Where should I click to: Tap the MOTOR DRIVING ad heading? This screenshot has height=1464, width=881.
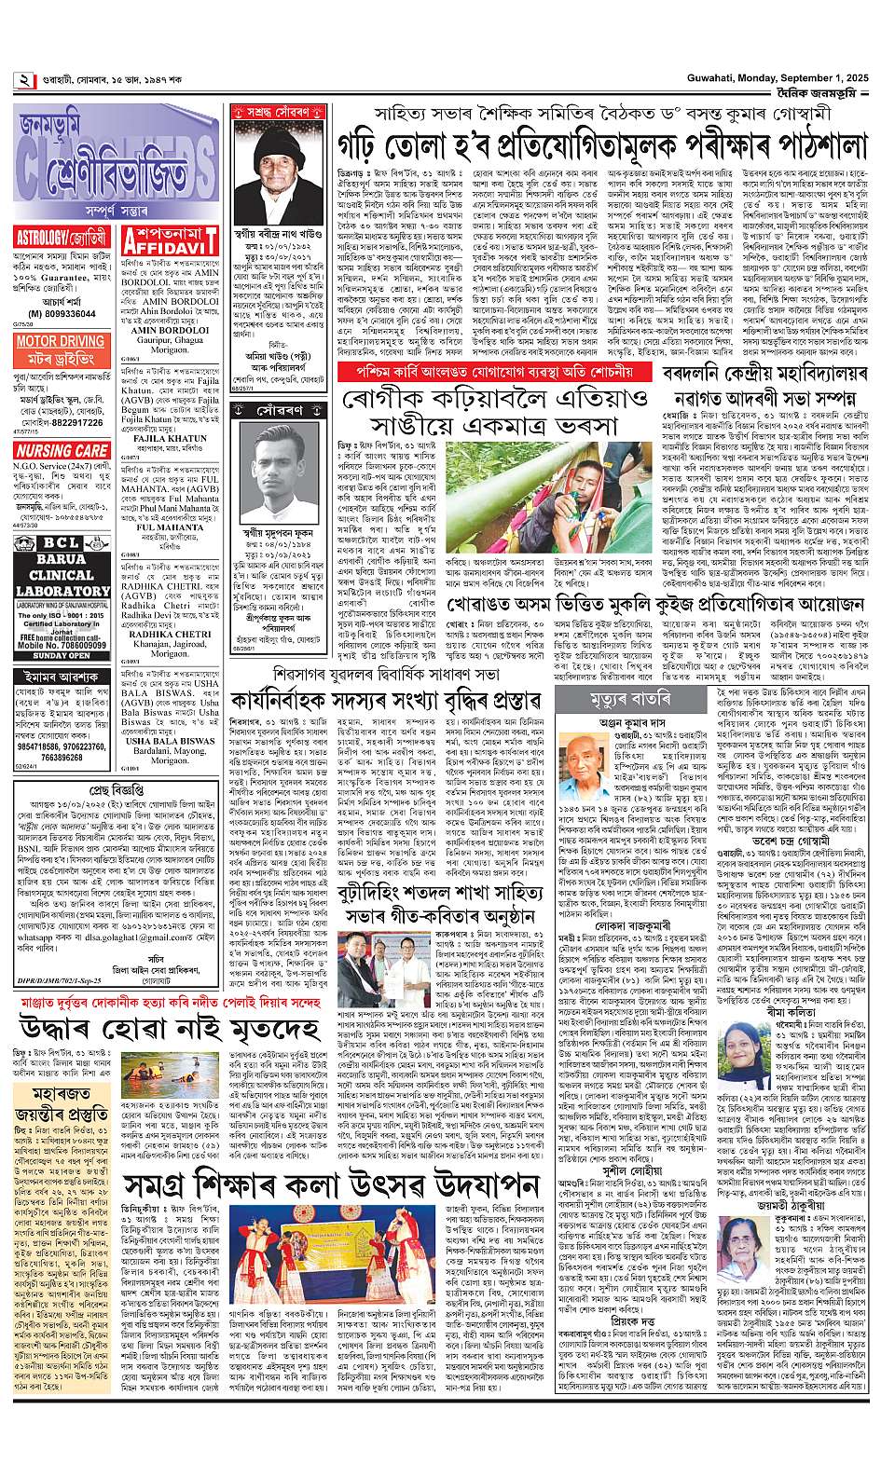click(x=61, y=342)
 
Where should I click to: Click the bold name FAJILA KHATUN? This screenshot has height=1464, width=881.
click(x=170, y=437)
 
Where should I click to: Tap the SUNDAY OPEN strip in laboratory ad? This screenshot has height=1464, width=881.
click(x=60, y=655)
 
